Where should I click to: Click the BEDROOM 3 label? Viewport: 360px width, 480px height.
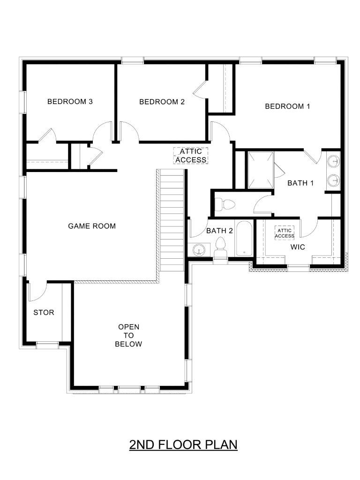70,102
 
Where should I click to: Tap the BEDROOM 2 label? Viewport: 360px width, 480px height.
162,102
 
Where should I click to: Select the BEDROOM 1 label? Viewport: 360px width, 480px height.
287,106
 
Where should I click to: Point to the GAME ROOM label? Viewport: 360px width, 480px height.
92,226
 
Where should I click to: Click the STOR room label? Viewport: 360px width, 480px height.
44,313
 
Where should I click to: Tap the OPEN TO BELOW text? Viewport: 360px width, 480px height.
128,336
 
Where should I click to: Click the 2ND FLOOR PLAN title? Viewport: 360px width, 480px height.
183,444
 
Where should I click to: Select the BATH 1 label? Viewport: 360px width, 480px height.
300,183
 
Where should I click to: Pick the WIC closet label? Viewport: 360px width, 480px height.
298,247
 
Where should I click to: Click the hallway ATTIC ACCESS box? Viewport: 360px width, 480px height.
191,156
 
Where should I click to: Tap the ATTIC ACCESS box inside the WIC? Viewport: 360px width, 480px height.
285,233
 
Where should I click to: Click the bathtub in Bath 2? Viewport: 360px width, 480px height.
244,239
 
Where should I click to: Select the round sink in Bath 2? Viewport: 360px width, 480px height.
199,250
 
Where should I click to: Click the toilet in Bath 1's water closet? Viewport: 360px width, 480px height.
225,204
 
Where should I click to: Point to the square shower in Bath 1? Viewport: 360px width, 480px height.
260,170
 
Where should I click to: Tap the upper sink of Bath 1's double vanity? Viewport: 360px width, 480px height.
333,161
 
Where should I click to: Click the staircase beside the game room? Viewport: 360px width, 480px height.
172,220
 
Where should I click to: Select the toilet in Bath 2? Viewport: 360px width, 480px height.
220,247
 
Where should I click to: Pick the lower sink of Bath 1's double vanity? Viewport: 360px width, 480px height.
333,180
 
